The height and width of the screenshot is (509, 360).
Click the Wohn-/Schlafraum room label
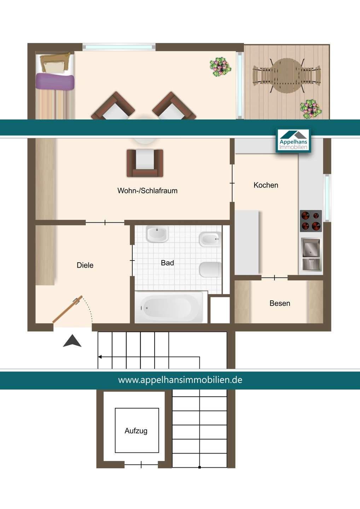[147, 191]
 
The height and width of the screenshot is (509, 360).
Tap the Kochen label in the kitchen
[266, 185]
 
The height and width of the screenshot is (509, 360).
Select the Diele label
[85, 265]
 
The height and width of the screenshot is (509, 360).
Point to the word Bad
[167, 263]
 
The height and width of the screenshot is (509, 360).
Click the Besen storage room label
[280, 303]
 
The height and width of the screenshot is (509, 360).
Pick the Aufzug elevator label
[136, 431]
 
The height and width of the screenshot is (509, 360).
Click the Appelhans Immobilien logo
[293, 141]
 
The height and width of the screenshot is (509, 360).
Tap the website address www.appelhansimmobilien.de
[180, 380]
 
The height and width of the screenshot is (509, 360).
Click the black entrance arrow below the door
[72, 341]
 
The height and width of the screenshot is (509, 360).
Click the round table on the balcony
[286, 76]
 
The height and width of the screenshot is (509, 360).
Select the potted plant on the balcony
[311, 109]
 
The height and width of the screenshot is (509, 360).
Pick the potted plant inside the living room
[220, 66]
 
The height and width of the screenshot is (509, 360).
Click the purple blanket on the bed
[55, 81]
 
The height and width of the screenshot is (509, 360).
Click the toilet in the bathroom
[210, 269]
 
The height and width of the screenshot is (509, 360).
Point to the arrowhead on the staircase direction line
[100, 357]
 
